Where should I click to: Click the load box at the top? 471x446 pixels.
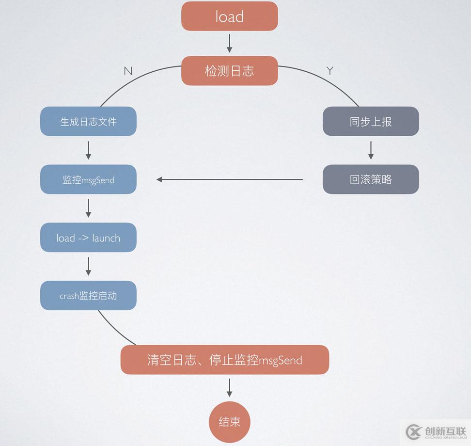pos(229,16)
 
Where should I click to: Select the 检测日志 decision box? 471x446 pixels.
pos(229,71)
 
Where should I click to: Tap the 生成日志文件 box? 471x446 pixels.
pos(88,121)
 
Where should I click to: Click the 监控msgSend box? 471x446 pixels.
pos(88,179)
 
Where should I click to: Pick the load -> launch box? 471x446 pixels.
pos(88,238)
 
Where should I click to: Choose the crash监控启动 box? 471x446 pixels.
pos(88,295)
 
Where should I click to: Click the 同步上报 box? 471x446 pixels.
pos(371,121)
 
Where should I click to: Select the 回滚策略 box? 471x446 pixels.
pos(371,179)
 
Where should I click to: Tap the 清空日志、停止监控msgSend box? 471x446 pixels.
pos(224,360)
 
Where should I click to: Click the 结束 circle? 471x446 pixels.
pos(229,421)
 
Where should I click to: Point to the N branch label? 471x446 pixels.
pos(128,71)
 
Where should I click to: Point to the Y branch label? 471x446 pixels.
pos(330,71)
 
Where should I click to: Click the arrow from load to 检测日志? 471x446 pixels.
pos(229,44)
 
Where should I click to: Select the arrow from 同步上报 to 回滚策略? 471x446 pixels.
pos(371,150)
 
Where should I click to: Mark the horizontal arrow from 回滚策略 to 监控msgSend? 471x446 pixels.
pos(229,179)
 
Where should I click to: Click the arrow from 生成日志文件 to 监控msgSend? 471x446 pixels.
pos(88,150)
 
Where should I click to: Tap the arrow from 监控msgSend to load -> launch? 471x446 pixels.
pos(88,208)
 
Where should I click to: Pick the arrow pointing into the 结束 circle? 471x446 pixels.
pos(229,387)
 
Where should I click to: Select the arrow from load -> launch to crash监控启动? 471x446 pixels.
pos(88,266)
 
